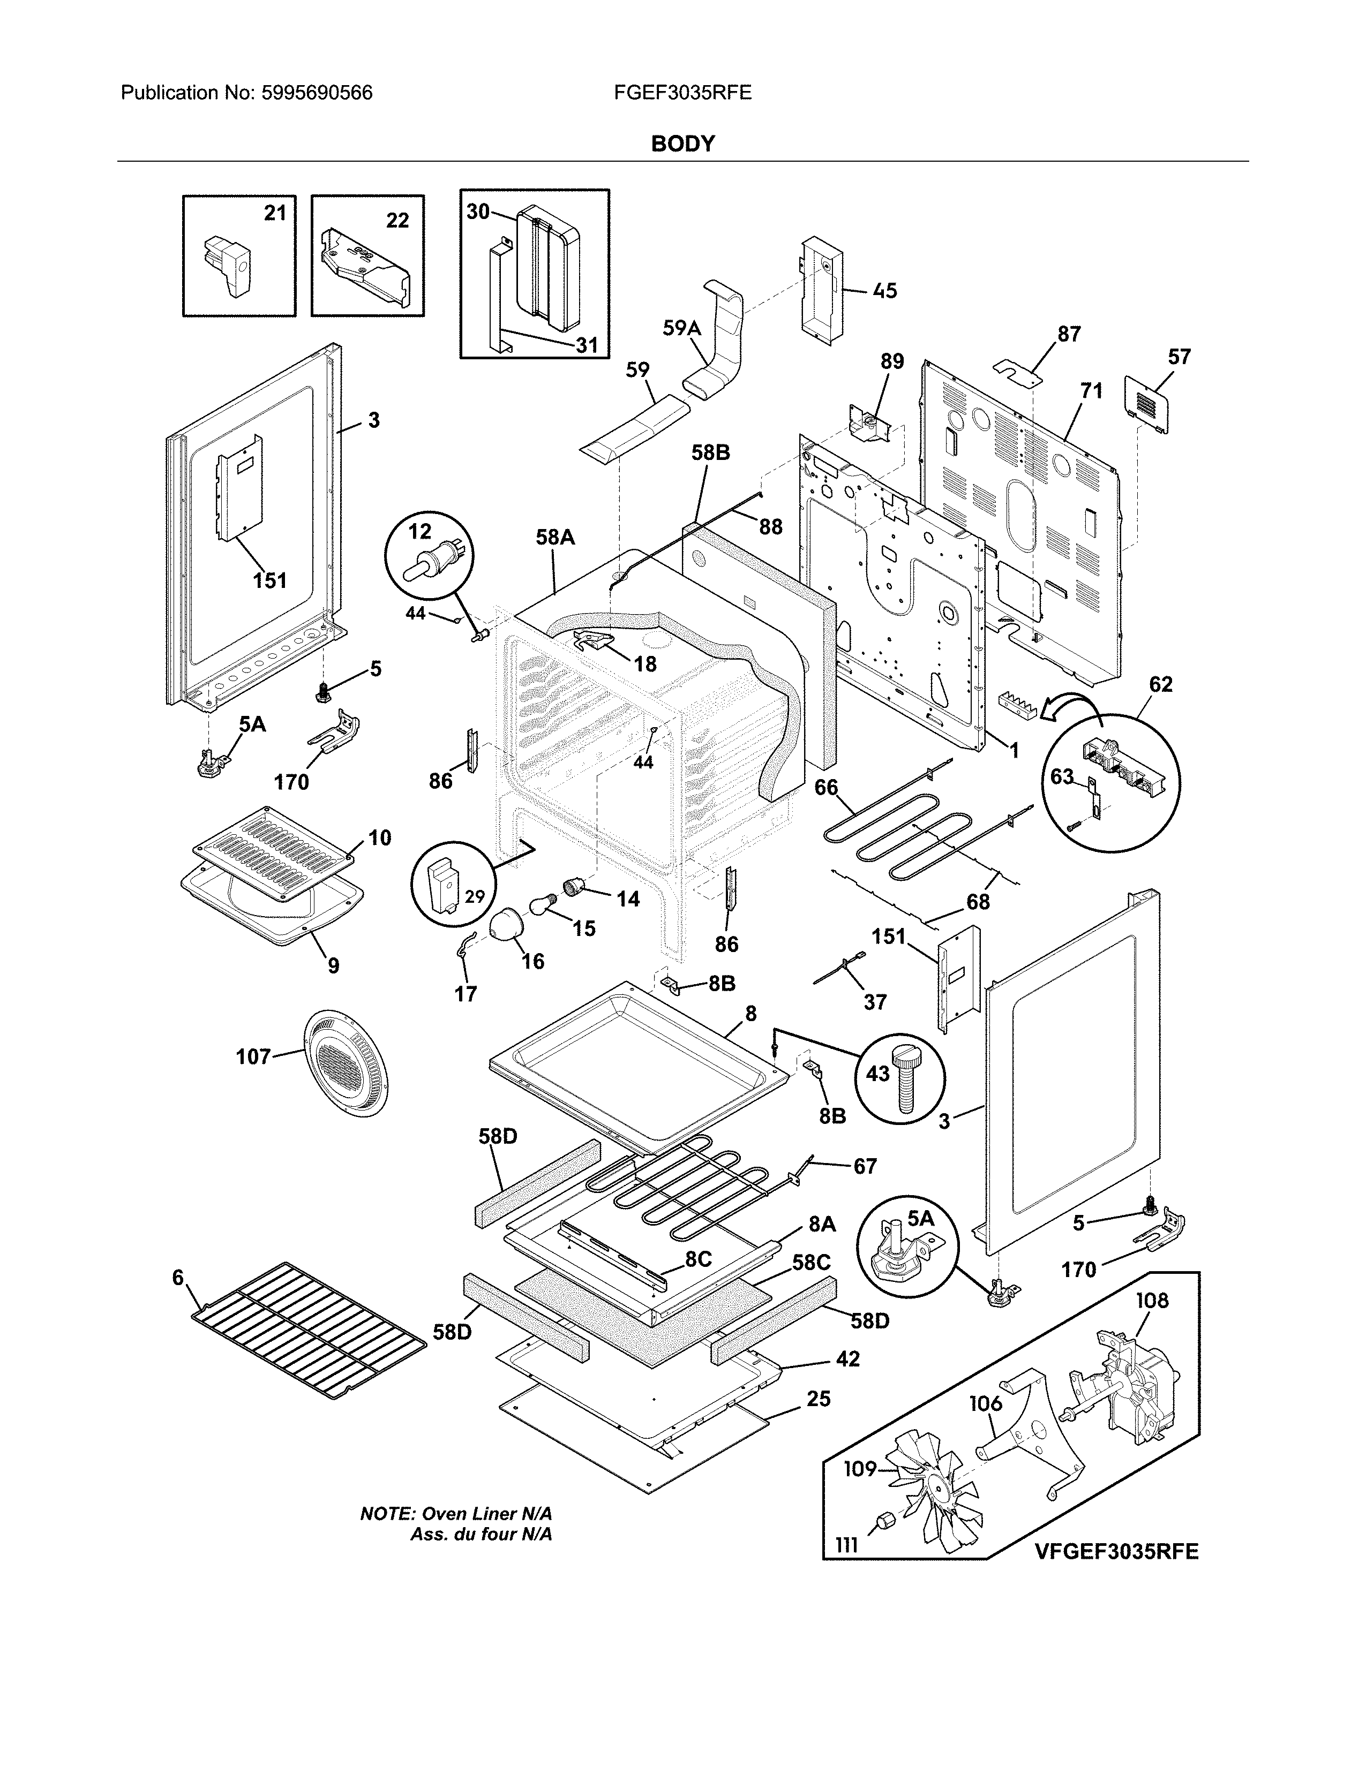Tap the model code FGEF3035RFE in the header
pos(682,93)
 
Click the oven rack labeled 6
pos(307,1333)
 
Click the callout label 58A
pos(554,537)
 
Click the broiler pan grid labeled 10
pos(275,854)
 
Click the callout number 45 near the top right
pos(885,290)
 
